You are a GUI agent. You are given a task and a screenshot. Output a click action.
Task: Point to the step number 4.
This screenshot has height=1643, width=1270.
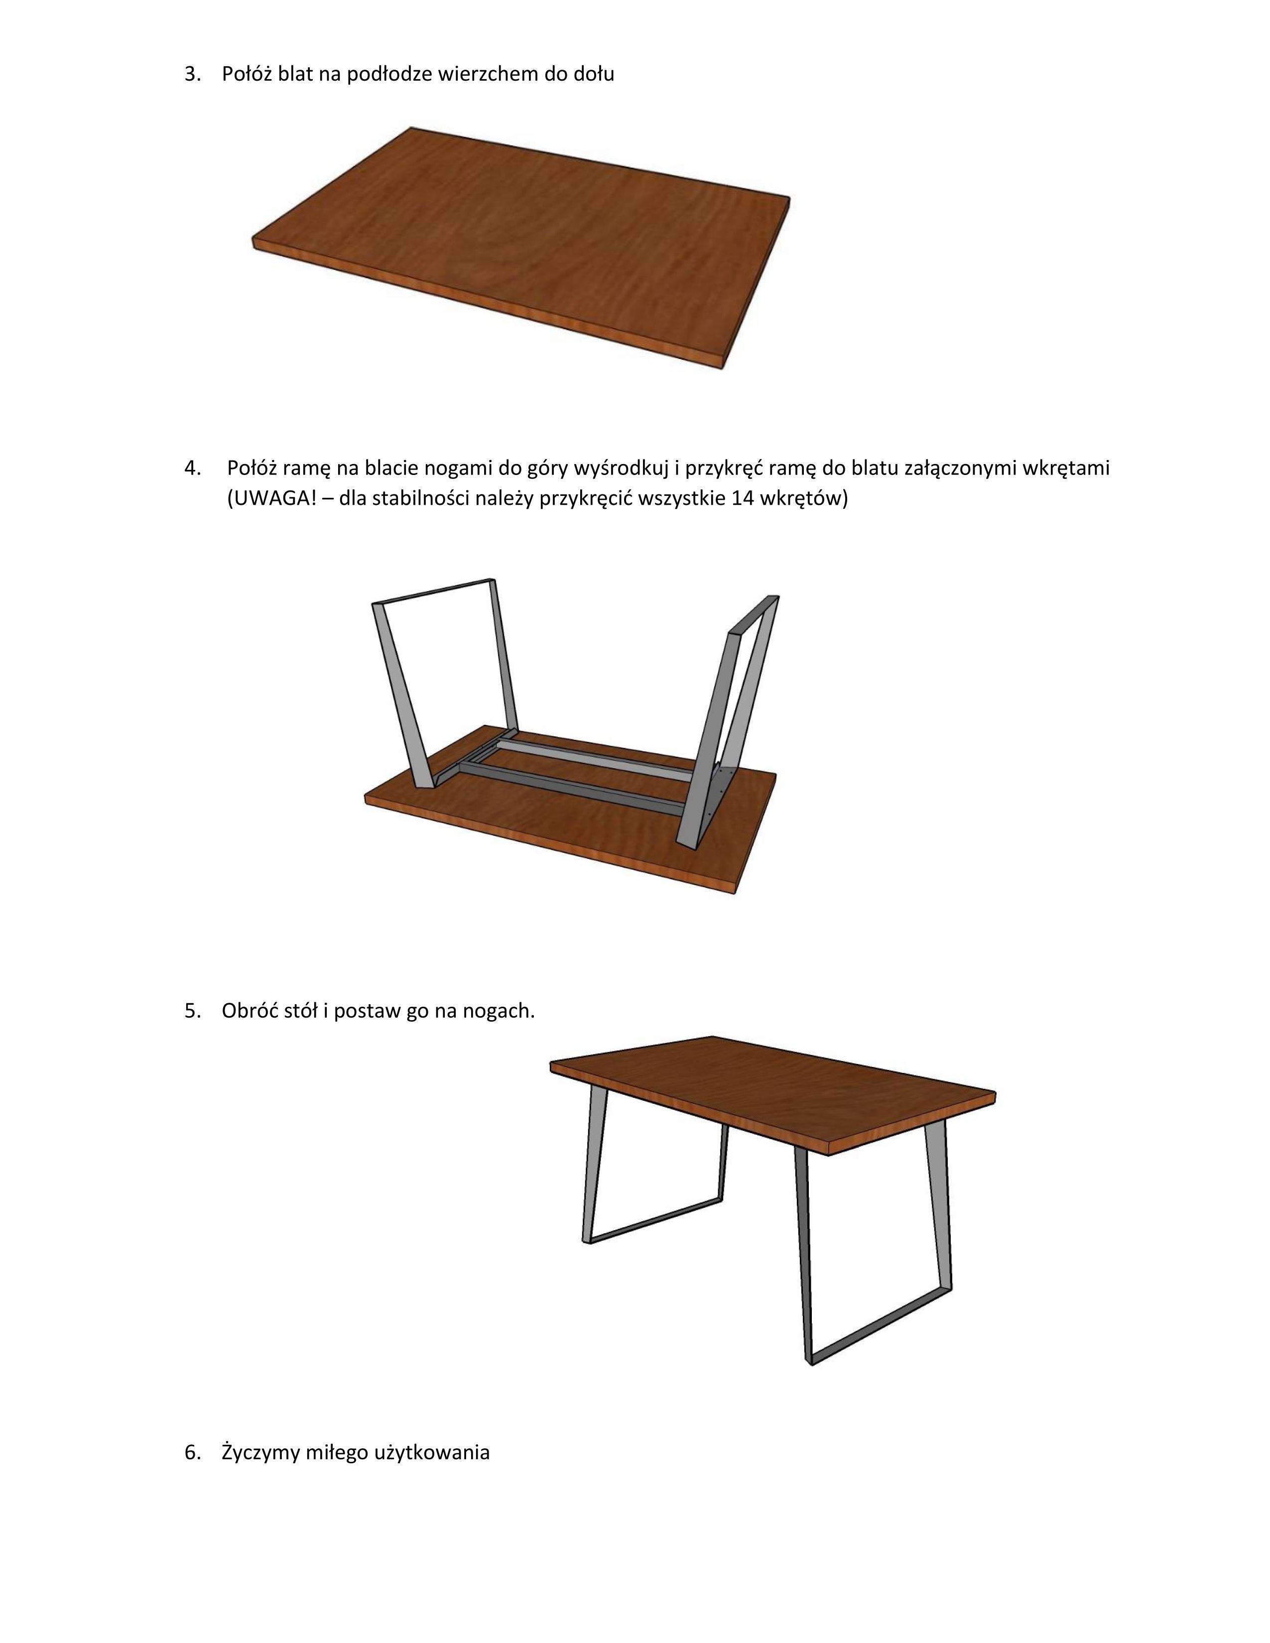coord(193,468)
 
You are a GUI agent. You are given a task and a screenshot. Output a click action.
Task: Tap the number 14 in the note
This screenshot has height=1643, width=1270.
coord(741,499)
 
